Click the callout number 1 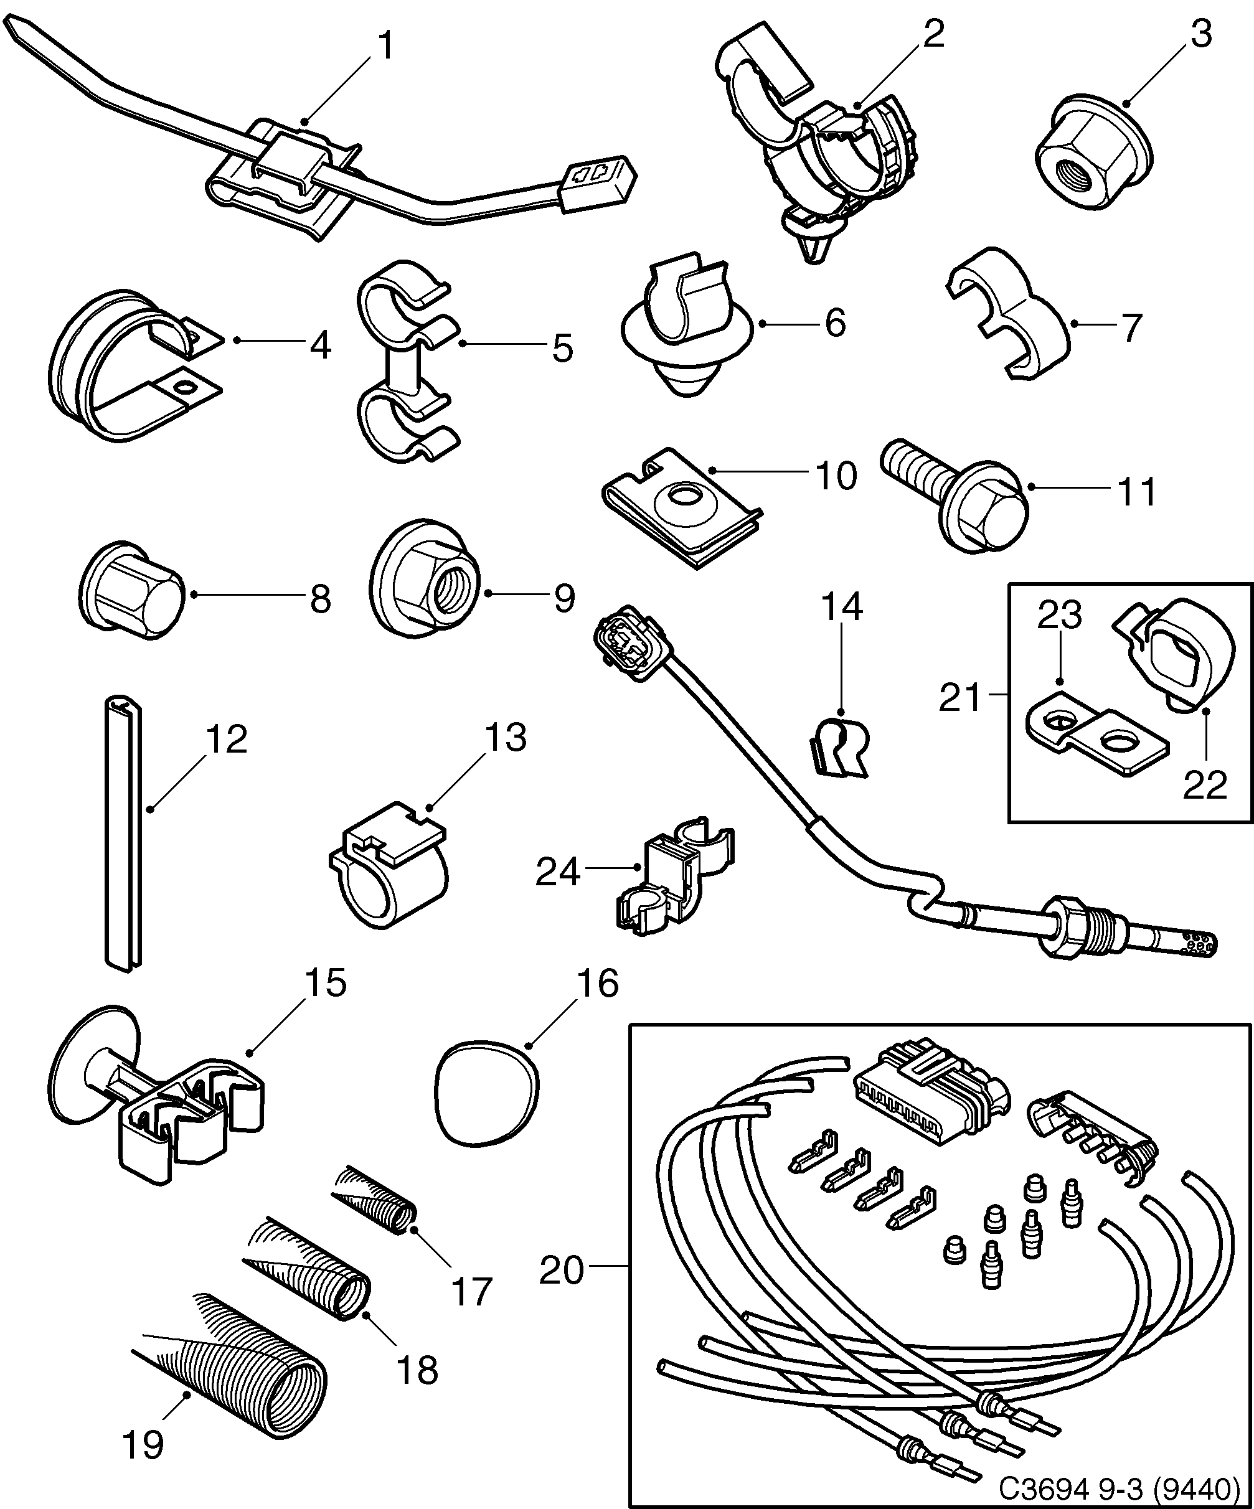coord(386,47)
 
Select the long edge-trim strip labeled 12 coord(124,834)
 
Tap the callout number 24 coord(558,872)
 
